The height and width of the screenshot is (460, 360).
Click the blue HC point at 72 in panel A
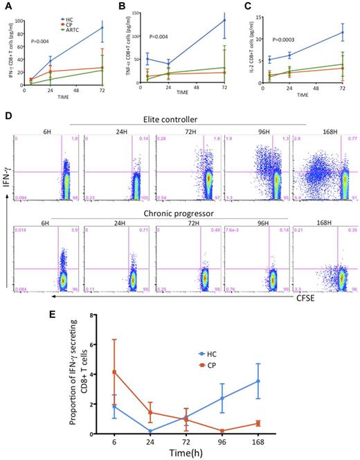pyautogui.click(x=102, y=28)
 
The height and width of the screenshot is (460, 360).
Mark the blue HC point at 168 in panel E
pyautogui.click(x=315, y=380)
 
